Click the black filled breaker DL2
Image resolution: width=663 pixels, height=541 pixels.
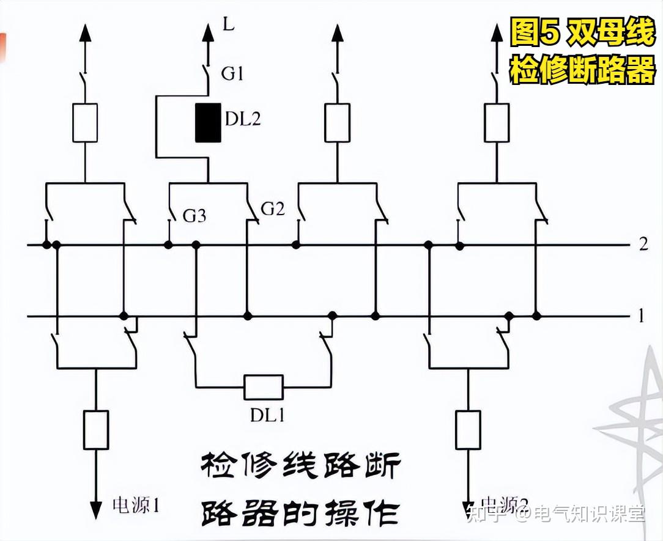pos(208,123)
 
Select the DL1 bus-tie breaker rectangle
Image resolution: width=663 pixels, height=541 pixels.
pos(264,387)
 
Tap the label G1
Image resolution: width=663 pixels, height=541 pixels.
pos(232,74)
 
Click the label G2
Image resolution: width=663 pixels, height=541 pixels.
pos(273,209)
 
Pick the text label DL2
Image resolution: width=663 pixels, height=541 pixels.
pos(243,119)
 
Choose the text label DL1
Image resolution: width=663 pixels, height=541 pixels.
pos(267,415)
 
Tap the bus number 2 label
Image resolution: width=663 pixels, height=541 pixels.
pos(642,245)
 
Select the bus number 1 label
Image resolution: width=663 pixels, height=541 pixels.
pos(641,316)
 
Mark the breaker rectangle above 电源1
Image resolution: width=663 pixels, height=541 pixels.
pos(95,429)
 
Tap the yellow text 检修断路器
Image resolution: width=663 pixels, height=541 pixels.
pos(582,70)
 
